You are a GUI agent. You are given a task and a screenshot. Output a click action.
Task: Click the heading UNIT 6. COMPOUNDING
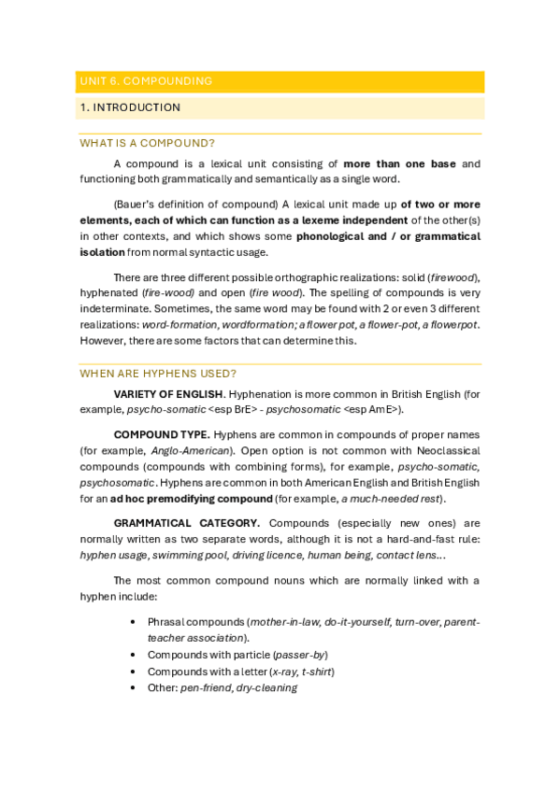click(146, 81)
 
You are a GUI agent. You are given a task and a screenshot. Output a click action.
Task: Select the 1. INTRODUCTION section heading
click(130, 107)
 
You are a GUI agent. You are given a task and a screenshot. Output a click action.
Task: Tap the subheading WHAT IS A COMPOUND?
click(148, 143)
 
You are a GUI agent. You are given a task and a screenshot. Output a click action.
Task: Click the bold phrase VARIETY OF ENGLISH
click(168, 394)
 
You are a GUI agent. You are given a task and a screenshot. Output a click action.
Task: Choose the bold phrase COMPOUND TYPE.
click(161, 434)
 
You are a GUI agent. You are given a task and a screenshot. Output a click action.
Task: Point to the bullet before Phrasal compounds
click(136, 621)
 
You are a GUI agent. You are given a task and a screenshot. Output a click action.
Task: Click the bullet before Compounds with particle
click(136, 655)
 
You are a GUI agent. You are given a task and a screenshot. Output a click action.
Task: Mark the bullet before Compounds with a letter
click(136, 672)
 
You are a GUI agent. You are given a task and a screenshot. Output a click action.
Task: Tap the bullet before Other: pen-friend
click(136, 688)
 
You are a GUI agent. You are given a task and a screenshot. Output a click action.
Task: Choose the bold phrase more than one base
click(399, 163)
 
